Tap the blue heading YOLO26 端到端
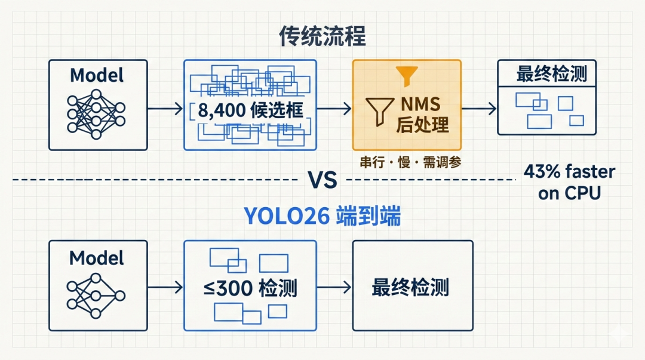(x=322, y=217)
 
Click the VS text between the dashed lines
(x=322, y=179)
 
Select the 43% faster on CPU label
(x=569, y=182)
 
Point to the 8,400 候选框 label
(x=250, y=110)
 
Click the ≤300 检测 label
(x=250, y=290)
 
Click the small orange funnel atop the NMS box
(x=407, y=74)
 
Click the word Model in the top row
(x=97, y=75)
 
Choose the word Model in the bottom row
(x=97, y=258)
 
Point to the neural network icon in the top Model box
(x=96, y=113)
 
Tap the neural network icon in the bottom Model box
(x=96, y=296)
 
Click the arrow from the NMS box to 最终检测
(x=479, y=109)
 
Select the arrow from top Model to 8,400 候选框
(x=165, y=109)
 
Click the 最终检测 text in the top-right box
(x=551, y=75)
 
